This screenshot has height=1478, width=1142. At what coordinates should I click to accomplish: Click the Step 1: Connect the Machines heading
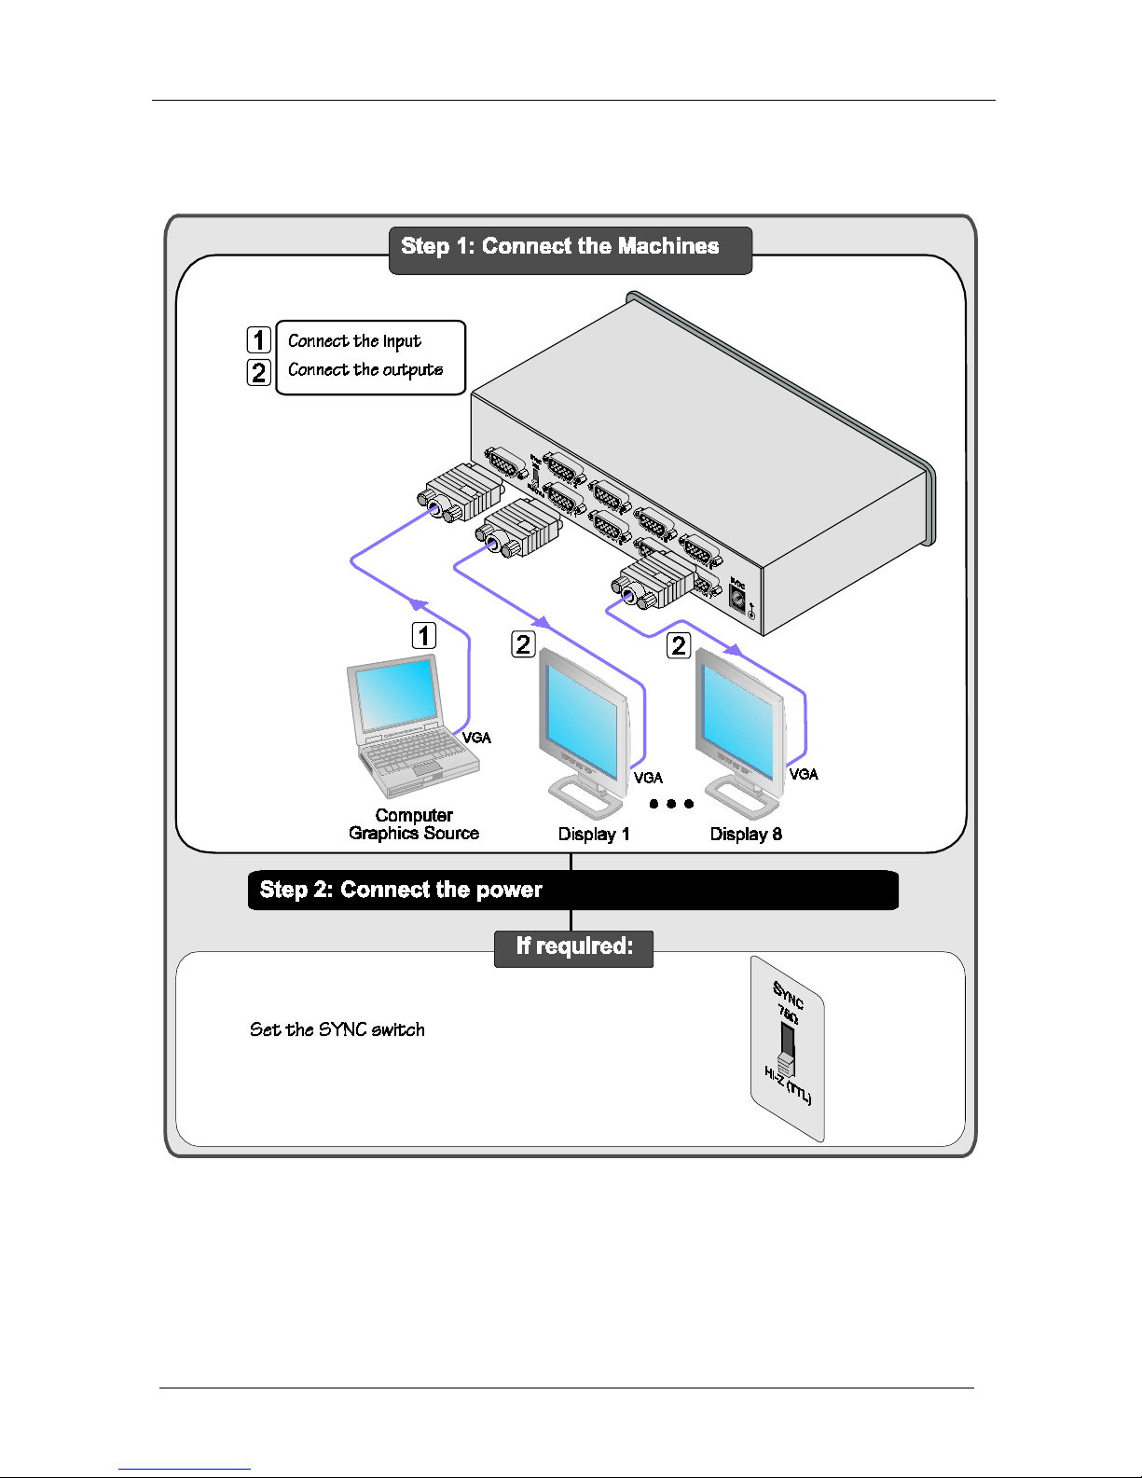(x=560, y=247)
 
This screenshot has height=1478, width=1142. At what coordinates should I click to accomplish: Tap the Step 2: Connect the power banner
(x=401, y=890)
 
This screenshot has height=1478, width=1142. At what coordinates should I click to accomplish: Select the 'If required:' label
(x=574, y=947)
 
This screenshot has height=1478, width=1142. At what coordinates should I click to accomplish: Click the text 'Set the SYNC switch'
(x=337, y=1030)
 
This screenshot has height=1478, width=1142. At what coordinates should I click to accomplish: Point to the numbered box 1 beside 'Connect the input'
(x=258, y=340)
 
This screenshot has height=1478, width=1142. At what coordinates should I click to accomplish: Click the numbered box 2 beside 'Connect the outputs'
(x=258, y=372)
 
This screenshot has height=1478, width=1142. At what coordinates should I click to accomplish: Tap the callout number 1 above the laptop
(x=424, y=636)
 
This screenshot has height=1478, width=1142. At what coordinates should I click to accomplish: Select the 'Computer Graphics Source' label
(x=414, y=824)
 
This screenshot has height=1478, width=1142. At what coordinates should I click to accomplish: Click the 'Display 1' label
(x=594, y=835)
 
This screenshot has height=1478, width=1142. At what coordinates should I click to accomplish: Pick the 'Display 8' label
(x=746, y=835)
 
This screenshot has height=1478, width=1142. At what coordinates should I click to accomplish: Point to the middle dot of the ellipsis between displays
(x=671, y=804)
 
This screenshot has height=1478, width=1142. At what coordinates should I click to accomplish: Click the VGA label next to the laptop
(x=476, y=738)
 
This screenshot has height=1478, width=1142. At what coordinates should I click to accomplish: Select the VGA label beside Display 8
(x=804, y=774)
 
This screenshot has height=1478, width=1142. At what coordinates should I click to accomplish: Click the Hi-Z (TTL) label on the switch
(x=788, y=1086)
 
